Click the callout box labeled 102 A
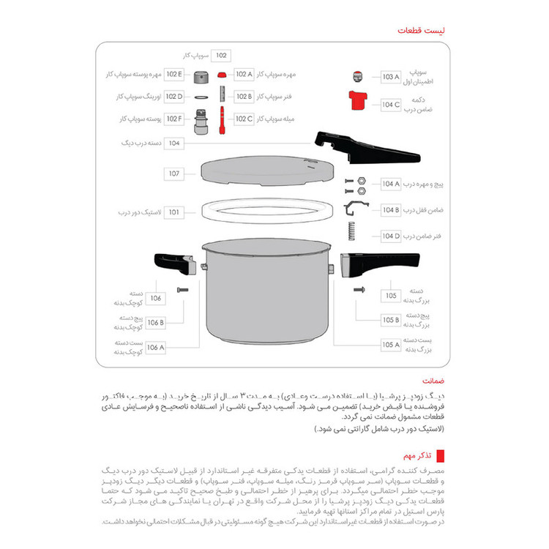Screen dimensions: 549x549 pos(244,74)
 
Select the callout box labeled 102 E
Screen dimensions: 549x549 pos(174,74)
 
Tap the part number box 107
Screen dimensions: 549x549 pos(174,174)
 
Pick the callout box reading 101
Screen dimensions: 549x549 pos(174,212)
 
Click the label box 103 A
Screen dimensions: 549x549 pos(391,76)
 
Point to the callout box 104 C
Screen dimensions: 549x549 pos(391,105)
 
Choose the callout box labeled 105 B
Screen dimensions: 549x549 pos(391,320)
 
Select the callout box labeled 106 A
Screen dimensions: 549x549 pos(156,348)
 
